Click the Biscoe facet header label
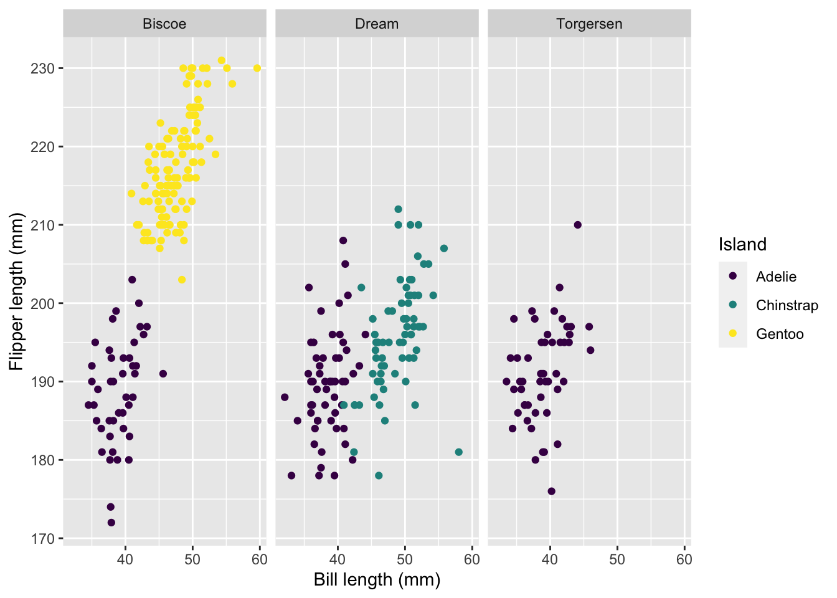point(164,24)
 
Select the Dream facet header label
point(377,24)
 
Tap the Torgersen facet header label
point(589,24)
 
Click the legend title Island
point(742,244)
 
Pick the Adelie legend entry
point(776,277)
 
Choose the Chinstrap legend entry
point(787,305)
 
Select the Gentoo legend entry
point(780,334)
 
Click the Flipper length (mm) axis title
point(16,292)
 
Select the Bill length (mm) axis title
point(377,580)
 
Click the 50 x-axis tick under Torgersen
point(617,559)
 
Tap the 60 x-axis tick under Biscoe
point(260,559)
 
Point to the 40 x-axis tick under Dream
point(338,559)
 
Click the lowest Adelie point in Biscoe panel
point(111,523)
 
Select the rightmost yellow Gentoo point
point(257,69)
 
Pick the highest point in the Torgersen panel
point(577,225)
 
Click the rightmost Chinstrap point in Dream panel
point(459,452)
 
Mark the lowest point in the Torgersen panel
point(551,491)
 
